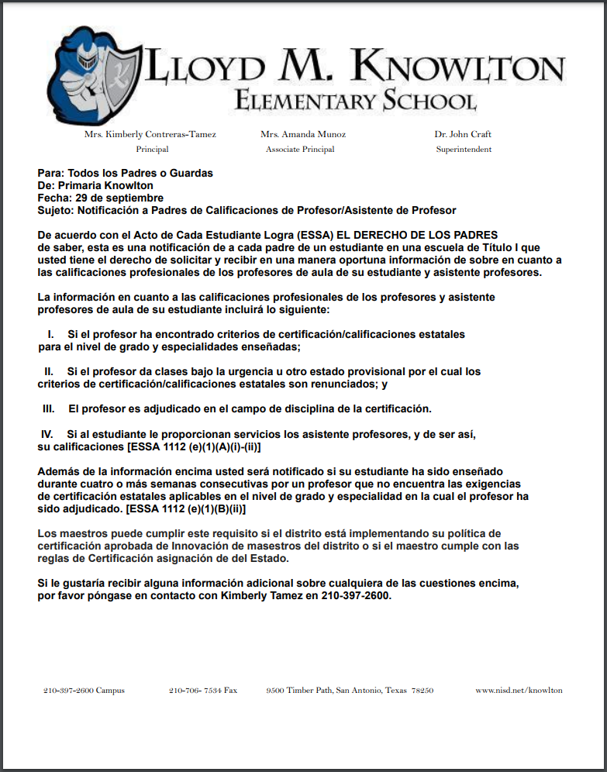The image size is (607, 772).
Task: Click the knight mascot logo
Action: (x=92, y=74)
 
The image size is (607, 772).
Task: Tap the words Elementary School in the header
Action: (x=355, y=101)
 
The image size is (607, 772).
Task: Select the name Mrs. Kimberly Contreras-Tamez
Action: (x=150, y=134)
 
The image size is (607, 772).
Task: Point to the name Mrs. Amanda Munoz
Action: (x=303, y=134)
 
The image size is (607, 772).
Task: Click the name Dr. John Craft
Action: (x=463, y=134)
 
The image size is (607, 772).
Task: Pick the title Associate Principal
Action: (x=300, y=150)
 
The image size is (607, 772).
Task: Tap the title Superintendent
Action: (x=464, y=150)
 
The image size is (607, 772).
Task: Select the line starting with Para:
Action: (x=125, y=173)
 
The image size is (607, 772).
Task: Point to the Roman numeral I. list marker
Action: (x=50, y=334)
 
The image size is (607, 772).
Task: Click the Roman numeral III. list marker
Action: (x=48, y=408)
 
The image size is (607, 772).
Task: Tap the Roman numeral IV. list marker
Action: (x=47, y=435)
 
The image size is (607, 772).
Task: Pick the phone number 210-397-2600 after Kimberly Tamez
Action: (x=357, y=598)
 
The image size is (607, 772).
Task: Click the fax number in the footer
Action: (x=202, y=690)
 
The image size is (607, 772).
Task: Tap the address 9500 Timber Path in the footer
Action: (x=349, y=690)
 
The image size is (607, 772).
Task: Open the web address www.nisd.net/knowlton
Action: (x=519, y=690)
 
